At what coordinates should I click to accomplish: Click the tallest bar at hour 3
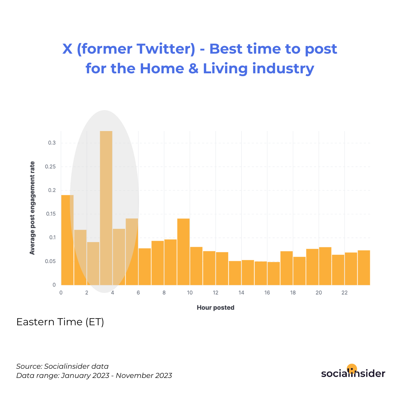106,208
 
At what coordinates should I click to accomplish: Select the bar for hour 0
67,240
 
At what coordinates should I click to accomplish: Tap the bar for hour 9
183,252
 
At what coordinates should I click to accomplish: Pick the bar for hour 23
364,268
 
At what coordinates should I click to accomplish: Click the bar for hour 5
132,252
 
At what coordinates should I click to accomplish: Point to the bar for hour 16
274,274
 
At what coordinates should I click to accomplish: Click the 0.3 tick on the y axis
52,143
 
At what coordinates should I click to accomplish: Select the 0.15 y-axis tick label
51,214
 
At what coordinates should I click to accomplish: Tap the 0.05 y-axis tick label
50,261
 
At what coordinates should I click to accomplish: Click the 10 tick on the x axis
190,293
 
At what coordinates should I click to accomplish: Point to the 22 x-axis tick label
344,293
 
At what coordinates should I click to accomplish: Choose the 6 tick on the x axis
138,293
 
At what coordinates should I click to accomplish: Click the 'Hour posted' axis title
215,307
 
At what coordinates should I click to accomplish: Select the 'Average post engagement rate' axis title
32,208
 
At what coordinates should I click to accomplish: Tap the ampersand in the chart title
193,69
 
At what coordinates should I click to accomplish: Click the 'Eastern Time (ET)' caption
60,322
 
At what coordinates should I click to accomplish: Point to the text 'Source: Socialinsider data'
62,367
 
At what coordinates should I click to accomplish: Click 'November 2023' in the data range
144,376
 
